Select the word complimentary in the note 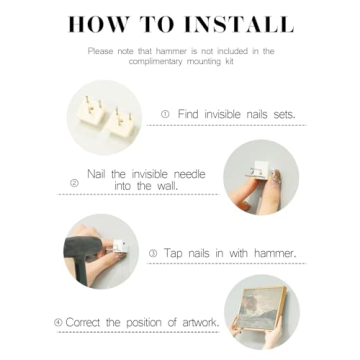[154, 62]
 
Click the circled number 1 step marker [165, 114]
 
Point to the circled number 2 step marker [75, 183]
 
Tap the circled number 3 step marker [153, 254]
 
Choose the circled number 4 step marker [58, 323]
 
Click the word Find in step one [188, 114]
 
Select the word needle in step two [190, 174]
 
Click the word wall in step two [167, 186]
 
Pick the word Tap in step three [173, 254]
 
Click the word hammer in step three [275, 253]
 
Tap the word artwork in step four [200, 322]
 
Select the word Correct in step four [84, 322]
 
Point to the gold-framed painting [262, 307]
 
